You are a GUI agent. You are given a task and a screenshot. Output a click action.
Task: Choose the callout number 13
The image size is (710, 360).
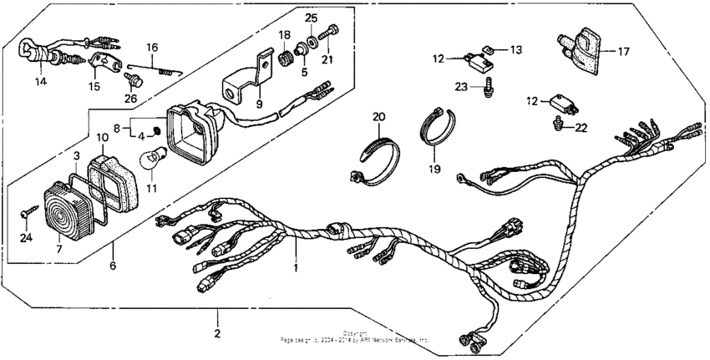[515, 50]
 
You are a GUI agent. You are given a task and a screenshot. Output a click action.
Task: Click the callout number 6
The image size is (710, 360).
[111, 267]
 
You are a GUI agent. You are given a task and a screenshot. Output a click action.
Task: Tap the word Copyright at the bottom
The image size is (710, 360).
[355, 332]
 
